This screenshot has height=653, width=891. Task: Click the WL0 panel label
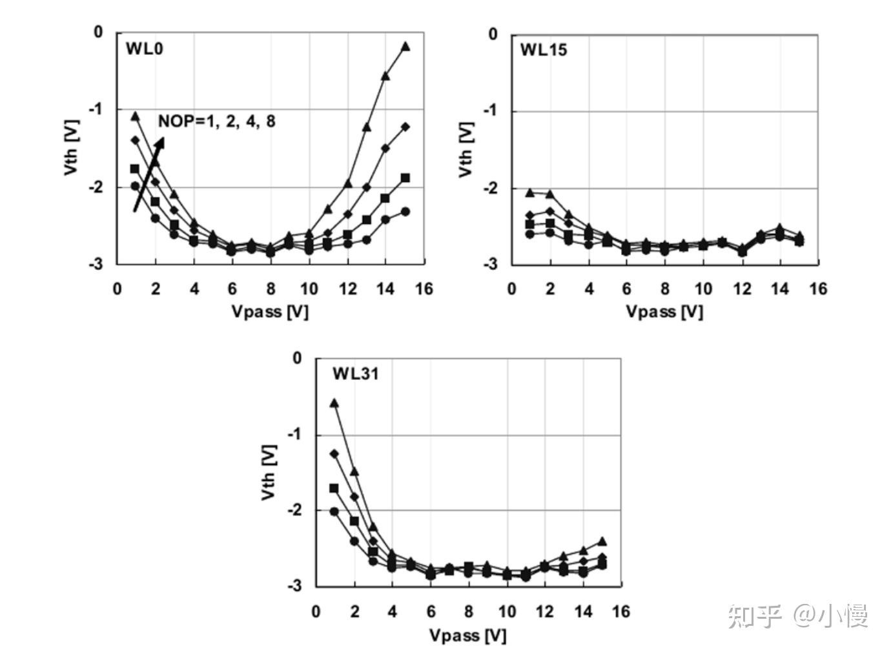coord(145,49)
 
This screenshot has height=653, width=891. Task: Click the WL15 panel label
coord(544,50)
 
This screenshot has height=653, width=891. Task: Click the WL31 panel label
coord(356,374)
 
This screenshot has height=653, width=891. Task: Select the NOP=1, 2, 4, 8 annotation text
coord(217,121)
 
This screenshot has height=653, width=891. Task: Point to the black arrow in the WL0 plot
coord(148,174)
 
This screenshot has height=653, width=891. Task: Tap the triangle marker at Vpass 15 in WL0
coord(405,47)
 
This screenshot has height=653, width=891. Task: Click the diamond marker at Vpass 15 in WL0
coord(405,127)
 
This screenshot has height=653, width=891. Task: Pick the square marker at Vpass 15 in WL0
coord(405,178)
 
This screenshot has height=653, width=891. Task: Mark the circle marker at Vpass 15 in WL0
coord(405,212)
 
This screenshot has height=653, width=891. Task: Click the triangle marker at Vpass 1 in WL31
coord(334,403)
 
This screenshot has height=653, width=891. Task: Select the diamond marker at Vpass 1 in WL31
coord(334,453)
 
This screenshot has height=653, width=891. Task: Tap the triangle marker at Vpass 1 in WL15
coord(530,192)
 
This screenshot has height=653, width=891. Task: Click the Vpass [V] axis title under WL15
coord(664,312)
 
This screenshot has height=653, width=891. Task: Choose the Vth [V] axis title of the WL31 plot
coord(268,472)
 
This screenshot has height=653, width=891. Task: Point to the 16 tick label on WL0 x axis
coord(424,289)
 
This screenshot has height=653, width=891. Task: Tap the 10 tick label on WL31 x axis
coord(507,612)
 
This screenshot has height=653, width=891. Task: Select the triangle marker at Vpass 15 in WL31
coord(602,541)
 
